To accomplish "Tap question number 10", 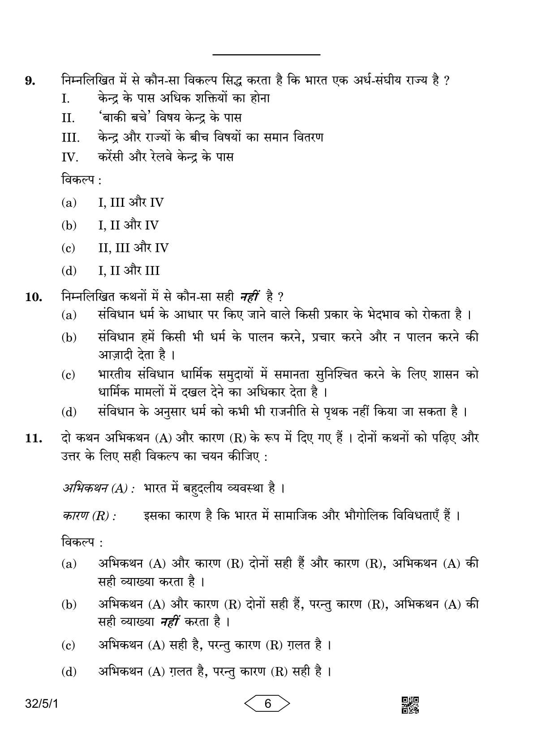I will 33,298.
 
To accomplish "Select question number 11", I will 33,438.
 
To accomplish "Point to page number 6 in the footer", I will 267,704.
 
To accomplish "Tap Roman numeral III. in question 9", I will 70,138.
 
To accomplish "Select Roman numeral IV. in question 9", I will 70,157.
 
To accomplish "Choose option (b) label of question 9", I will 69,225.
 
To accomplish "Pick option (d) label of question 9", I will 69,271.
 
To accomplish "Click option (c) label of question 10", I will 69,375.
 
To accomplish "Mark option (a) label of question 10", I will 69,316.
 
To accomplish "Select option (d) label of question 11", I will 69,672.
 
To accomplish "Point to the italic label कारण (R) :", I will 88,516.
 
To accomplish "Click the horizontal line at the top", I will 266,55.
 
